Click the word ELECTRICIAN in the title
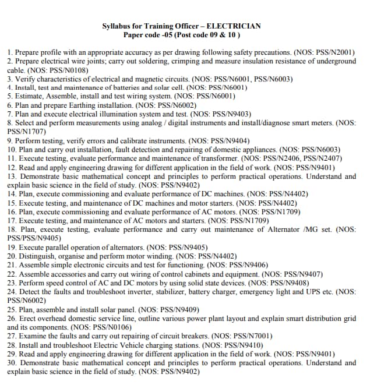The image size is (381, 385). coord(234,26)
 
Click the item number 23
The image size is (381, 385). coord(12,282)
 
